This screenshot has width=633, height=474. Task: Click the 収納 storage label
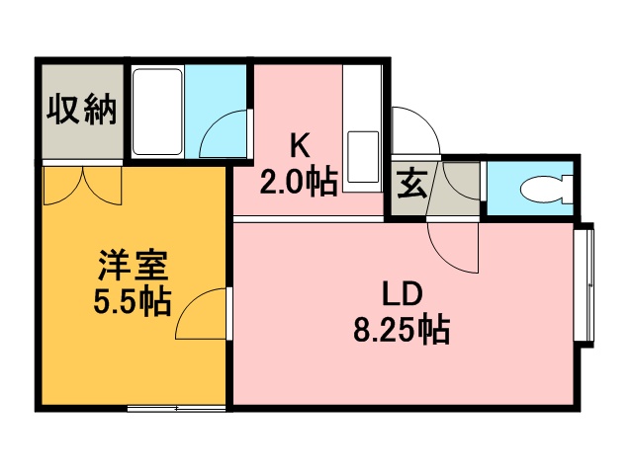[x=82, y=110]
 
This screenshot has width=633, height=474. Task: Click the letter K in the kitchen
[x=299, y=144]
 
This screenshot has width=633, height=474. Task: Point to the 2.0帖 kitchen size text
[x=299, y=182]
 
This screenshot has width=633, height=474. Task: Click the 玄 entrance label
[x=408, y=185]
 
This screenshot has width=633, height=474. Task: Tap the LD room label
[x=403, y=293]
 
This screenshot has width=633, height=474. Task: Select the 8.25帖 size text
[x=402, y=329]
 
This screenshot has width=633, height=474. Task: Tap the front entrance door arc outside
[x=413, y=127]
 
